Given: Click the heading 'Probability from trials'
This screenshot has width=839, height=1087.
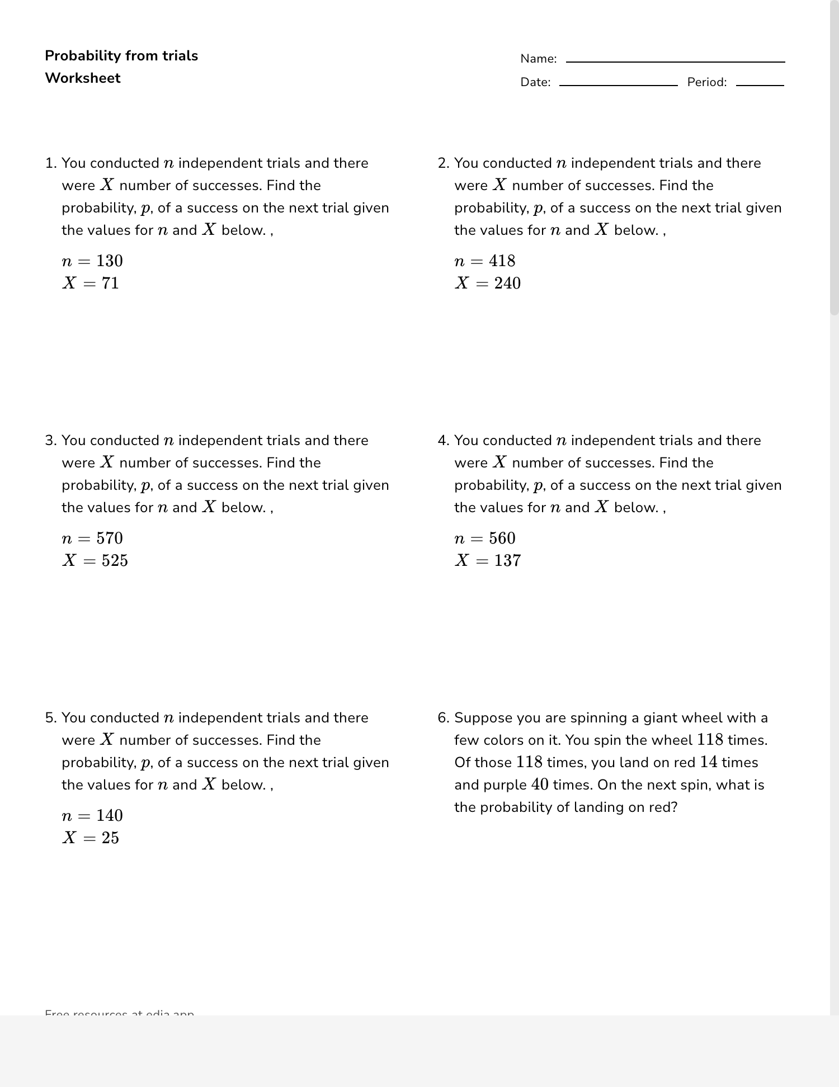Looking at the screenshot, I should tap(121, 56).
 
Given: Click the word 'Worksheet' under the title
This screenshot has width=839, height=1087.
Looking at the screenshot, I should tap(83, 78).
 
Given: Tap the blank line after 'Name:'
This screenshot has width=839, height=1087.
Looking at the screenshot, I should tap(675, 61).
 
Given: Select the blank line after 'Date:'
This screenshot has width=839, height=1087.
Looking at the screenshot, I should tap(618, 84).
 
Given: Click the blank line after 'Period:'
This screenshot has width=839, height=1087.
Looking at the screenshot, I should tap(760, 84).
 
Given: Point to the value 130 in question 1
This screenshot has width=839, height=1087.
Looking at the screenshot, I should tap(110, 261).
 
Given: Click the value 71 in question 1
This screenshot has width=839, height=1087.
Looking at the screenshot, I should tap(110, 283).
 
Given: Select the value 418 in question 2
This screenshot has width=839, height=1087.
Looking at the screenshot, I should tap(502, 261).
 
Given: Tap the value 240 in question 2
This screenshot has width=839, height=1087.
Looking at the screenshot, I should tap(507, 283).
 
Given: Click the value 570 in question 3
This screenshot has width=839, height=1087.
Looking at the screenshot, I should tap(110, 538).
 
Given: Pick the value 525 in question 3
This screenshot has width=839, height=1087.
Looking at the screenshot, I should tap(115, 561).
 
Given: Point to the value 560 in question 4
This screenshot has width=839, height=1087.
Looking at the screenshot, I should tap(502, 538).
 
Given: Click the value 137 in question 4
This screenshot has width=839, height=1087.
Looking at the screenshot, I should tap(507, 561).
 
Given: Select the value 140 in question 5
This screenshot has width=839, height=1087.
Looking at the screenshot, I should tap(110, 816).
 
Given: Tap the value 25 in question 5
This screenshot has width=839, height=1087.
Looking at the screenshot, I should tap(110, 838).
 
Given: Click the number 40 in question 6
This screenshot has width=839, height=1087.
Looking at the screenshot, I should tap(540, 784).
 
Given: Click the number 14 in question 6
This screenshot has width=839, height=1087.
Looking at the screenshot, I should tap(709, 762).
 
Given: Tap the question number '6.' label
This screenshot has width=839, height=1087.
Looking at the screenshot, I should tap(444, 718).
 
